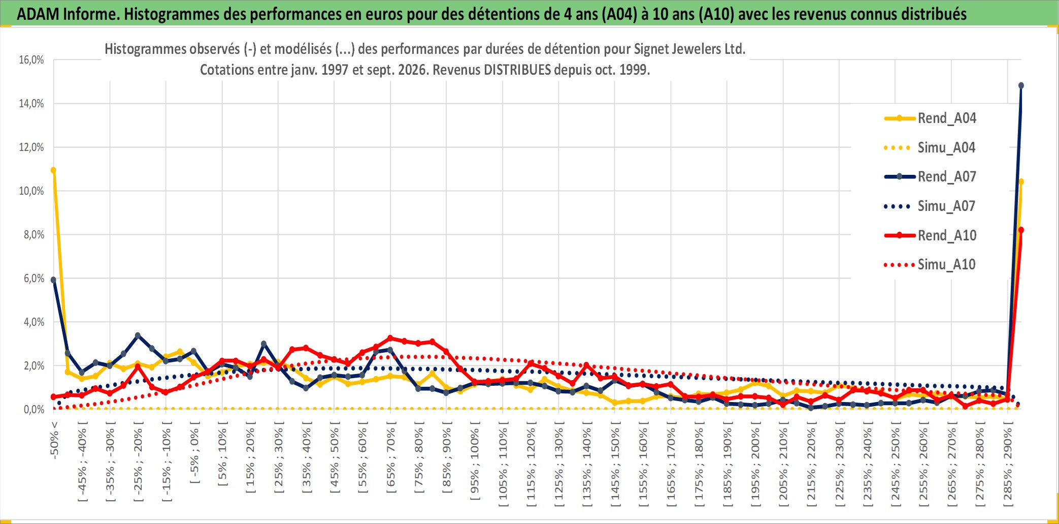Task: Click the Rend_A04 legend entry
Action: [930, 118]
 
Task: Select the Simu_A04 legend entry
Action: [930, 147]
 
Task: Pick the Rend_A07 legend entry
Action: [930, 176]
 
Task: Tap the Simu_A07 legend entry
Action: [930, 206]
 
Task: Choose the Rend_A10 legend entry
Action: [930, 235]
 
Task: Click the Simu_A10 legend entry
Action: [930, 264]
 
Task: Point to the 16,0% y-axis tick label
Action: [31, 60]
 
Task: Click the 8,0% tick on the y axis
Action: [34, 235]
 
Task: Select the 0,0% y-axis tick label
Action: [34, 410]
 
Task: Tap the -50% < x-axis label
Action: [54, 440]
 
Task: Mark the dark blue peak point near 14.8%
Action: [1021, 85]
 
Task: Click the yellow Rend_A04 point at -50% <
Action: [53, 170]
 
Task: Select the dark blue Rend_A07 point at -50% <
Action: [53, 280]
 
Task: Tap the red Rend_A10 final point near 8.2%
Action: [1021, 230]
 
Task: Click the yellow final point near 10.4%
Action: [1021, 181]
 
